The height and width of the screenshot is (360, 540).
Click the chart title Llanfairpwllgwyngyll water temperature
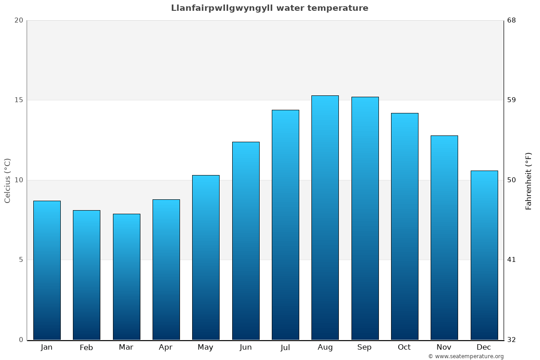coord(270,8)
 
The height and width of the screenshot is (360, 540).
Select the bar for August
coord(325,218)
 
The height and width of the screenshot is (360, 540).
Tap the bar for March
coord(126,277)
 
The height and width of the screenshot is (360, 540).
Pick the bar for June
coord(246,241)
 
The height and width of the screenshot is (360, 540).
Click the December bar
coord(484,255)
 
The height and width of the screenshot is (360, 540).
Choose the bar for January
coord(47,270)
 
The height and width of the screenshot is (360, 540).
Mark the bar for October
coord(405,226)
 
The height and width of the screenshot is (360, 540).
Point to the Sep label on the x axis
coord(364,347)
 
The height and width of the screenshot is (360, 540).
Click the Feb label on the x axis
coord(86,347)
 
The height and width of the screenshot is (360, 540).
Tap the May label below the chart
coord(206,347)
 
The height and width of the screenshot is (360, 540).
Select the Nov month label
coord(444,347)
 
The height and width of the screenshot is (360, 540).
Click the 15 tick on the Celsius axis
coord(18,100)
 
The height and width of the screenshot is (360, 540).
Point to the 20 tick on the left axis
coord(18,20)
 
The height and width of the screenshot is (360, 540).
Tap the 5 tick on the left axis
coord(21,260)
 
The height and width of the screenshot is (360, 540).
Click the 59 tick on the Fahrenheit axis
coord(511,100)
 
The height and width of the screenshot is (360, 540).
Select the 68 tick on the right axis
coord(511,20)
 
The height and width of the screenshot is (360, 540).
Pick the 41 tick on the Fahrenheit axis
coord(511,260)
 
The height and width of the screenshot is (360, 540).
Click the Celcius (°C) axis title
coord(7,180)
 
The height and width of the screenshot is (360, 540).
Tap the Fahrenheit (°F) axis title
coord(529,180)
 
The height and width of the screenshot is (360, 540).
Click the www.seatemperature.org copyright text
coord(466,356)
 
